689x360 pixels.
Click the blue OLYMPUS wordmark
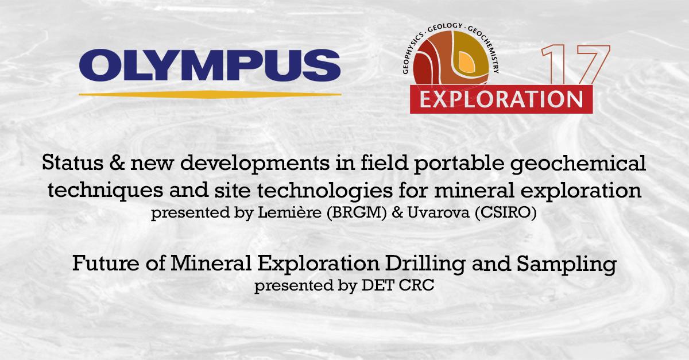click(x=210, y=67)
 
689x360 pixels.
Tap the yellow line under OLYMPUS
click(x=210, y=93)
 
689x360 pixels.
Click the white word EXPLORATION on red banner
click(x=501, y=99)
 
